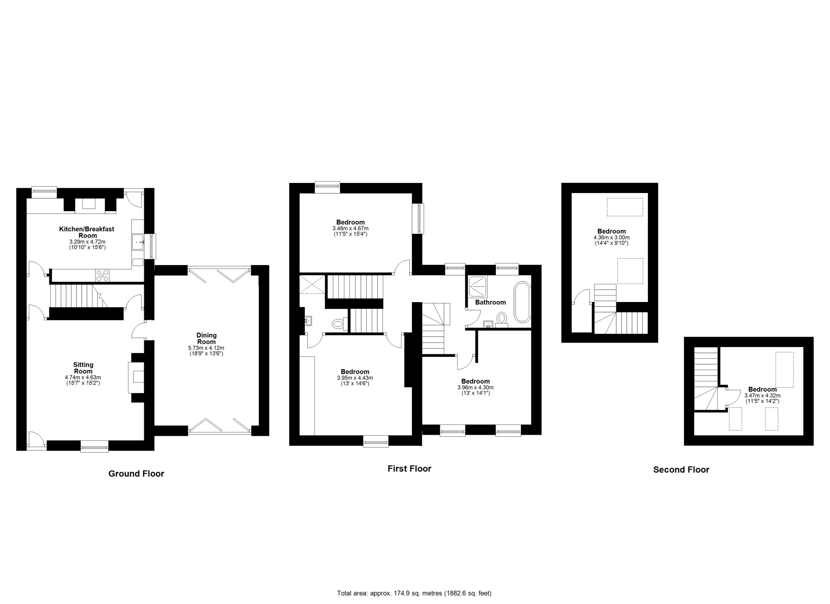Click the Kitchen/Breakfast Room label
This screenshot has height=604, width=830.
coord(87,232)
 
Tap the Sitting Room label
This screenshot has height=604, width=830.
coord(83,368)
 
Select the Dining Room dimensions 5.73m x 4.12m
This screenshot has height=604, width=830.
coord(207,348)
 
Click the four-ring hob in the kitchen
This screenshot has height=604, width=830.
coord(102,275)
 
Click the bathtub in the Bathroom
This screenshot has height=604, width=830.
coord(523,302)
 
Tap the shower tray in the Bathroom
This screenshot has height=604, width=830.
coord(478,286)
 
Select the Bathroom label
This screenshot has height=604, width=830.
coord(491,302)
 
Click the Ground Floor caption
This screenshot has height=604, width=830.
coord(136,474)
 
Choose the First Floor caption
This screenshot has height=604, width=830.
coord(409,468)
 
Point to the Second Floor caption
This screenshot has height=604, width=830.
coord(681,470)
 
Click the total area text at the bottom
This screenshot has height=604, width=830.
coord(414,593)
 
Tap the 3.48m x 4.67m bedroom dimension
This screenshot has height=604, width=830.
coord(350,228)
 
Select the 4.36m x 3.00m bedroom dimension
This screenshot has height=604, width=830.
coord(611,237)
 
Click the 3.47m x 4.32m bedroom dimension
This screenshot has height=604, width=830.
coord(762,396)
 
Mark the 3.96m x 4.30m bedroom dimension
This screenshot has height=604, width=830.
coord(475,387)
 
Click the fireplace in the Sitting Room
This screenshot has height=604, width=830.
coord(136,377)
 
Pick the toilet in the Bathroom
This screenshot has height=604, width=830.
coord(502,319)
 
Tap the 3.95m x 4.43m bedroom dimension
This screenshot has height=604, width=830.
coord(355,378)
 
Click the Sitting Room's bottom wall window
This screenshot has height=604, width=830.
coord(94,446)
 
